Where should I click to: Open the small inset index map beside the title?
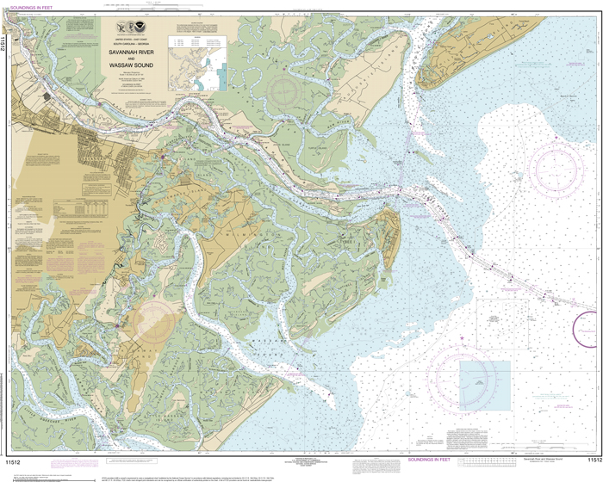pos(208,65)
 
